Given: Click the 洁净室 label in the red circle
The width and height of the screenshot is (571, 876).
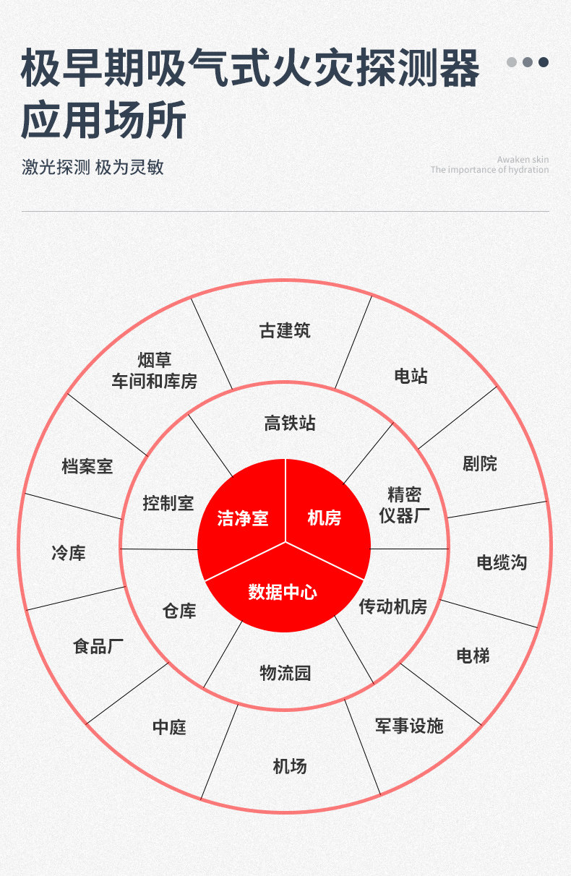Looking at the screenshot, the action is (x=242, y=518).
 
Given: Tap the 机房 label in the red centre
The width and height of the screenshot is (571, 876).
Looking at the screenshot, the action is (x=325, y=518).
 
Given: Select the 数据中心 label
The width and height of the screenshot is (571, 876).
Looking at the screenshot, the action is (x=283, y=592).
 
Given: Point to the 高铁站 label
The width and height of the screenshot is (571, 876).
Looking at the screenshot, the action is (x=290, y=423).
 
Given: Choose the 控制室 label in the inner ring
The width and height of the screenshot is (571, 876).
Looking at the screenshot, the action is (x=168, y=503).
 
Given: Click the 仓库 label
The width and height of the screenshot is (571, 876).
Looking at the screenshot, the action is (x=179, y=611).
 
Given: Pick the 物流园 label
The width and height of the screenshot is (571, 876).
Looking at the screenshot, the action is (x=285, y=673).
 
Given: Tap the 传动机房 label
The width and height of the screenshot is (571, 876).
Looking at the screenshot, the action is (x=393, y=606).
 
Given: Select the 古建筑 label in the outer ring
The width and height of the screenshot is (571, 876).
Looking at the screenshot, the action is (x=285, y=330).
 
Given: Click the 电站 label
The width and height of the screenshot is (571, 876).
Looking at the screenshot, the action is (x=411, y=376).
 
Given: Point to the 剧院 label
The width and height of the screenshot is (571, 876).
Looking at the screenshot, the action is (x=479, y=464).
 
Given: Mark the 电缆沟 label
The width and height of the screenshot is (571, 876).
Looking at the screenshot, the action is (x=502, y=563).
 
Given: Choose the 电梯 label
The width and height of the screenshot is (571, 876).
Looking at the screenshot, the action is (x=473, y=656).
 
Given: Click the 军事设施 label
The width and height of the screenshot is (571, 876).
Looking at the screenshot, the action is (x=409, y=726).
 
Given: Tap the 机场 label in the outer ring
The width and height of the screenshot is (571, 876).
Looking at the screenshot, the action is (x=290, y=766).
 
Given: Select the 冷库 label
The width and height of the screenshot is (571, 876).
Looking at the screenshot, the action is (x=69, y=553).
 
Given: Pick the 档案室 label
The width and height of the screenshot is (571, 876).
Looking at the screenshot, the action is (x=87, y=466).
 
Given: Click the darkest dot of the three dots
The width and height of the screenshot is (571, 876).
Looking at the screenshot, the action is (x=544, y=62).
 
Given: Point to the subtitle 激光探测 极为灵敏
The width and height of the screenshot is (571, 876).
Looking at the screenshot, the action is (x=93, y=168).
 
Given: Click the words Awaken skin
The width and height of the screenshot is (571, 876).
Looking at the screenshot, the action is (x=523, y=160).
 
